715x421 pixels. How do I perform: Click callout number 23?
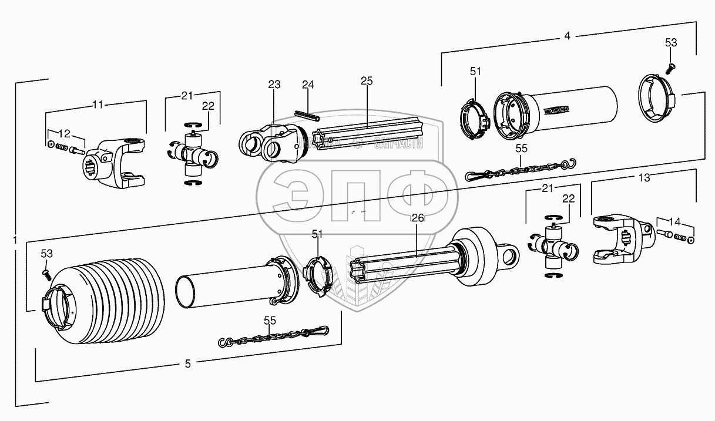[274, 84]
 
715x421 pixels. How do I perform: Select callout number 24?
[308, 85]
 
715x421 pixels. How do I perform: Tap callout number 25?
[367, 81]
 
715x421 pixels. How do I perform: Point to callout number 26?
[417, 218]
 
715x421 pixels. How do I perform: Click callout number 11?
[98, 105]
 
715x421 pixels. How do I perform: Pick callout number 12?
[66, 134]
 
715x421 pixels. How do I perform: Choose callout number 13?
[644, 177]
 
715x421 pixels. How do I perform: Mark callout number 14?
[674, 222]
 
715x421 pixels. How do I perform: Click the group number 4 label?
[567, 36]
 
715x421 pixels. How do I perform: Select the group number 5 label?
[187, 364]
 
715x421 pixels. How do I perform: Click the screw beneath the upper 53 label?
[669, 69]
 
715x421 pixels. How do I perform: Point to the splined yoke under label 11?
[115, 164]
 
